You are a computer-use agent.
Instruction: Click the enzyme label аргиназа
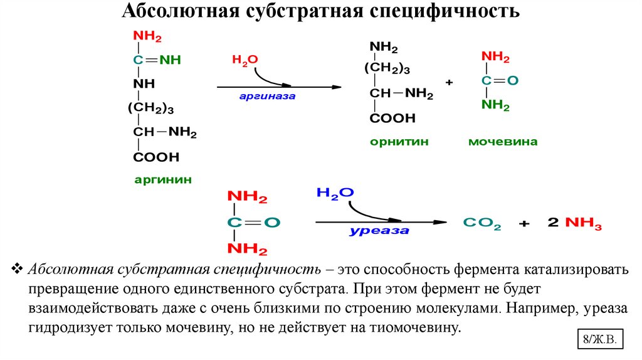pyautogui.click(x=266, y=97)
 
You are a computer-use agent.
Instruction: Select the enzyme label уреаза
pyautogui.click(x=379, y=231)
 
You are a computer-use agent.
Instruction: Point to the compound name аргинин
pyautogui.click(x=162, y=179)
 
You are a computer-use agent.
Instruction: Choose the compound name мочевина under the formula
pyautogui.click(x=503, y=142)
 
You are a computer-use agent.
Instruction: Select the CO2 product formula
pyautogui.click(x=481, y=223)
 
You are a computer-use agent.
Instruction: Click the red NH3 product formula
pyautogui.click(x=583, y=223)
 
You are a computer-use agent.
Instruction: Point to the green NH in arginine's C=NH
pyautogui.click(x=169, y=61)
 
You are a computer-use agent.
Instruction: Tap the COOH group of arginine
pyautogui.click(x=155, y=157)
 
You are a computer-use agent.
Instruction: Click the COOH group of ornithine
pyautogui.click(x=392, y=118)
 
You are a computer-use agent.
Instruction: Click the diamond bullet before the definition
pyautogui.click(x=17, y=270)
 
